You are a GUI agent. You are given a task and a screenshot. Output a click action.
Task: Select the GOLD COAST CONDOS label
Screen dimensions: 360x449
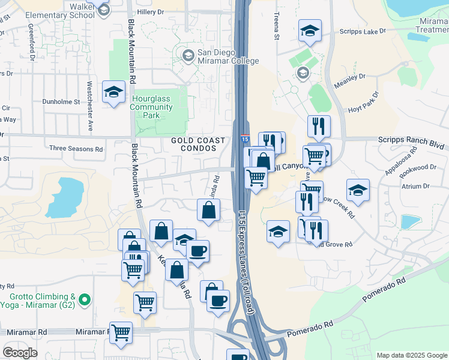(198, 145)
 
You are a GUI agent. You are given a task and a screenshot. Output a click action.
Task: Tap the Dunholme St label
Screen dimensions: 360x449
(61, 102)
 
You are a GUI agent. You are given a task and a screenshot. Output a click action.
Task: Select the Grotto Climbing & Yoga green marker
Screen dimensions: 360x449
(85, 298)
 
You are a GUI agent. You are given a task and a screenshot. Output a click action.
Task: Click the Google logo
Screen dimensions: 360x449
(19, 353)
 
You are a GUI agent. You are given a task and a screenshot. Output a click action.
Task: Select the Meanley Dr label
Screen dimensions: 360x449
(350, 80)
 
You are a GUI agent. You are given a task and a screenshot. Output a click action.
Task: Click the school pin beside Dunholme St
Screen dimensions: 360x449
(112, 92)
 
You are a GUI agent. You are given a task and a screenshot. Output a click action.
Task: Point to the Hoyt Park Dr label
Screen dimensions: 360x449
(364, 104)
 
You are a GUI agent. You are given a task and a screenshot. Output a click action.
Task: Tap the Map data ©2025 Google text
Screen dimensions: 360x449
(411, 355)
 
